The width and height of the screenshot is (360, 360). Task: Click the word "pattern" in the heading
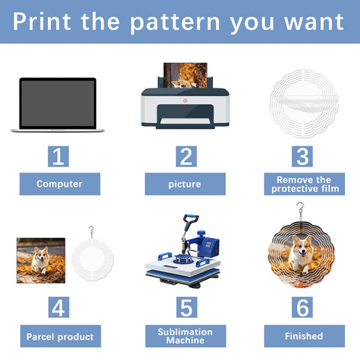175,23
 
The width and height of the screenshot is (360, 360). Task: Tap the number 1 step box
58,157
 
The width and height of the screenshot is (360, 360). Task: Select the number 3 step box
302,157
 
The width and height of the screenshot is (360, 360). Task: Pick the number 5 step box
187,307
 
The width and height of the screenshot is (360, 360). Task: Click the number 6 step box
302,307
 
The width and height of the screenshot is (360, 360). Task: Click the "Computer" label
60,184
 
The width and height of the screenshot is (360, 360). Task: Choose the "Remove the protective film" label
304,184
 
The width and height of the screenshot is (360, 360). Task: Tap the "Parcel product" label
61,336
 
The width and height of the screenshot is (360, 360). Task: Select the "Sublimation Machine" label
186,336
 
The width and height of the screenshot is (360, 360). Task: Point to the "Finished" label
304,336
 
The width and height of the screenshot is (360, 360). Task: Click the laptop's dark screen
58,103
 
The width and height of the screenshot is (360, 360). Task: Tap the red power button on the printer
185,100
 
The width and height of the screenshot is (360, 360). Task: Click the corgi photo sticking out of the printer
185,75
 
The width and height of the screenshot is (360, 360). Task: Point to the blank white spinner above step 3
304,103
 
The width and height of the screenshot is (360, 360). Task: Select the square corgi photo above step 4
41,260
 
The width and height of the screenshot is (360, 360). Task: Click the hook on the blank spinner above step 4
91,230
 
